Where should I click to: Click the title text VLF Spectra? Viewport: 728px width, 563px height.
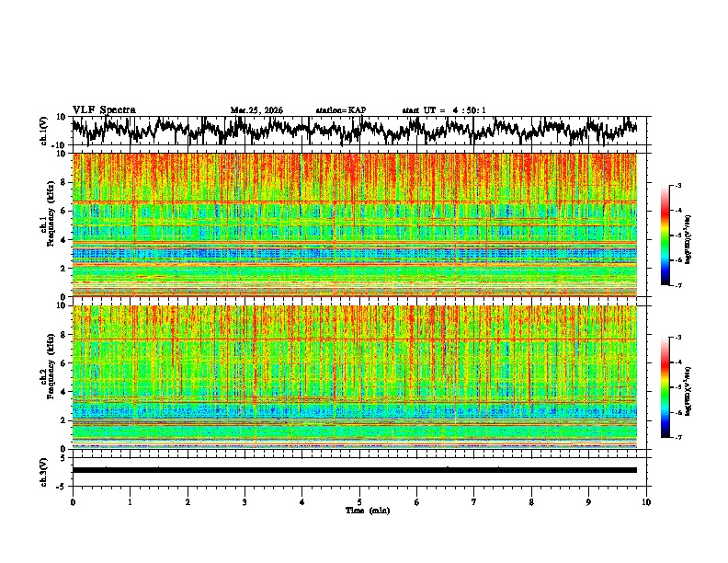pos(104,109)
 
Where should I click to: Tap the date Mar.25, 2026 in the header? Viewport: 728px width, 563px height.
pos(256,110)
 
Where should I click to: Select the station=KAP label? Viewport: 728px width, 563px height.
pos(340,110)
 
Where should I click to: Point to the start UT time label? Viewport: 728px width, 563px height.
pos(444,110)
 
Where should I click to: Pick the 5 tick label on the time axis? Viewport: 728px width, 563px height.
pos(359,502)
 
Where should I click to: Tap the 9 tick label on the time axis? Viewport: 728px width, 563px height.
pos(589,502)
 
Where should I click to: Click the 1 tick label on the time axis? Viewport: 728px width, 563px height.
pos(130,502)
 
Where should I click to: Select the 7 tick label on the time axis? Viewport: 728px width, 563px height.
pos(474,502)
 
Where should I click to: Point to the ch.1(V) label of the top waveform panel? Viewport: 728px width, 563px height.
pos(44,131)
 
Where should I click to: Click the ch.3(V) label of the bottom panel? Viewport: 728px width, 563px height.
pos(44,469)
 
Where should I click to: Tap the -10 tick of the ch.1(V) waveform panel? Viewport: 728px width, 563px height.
pos(60,145)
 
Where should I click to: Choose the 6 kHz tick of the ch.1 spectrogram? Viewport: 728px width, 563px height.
pos(64,211)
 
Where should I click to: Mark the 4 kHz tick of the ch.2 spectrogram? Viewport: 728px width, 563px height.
pos(64,391)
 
